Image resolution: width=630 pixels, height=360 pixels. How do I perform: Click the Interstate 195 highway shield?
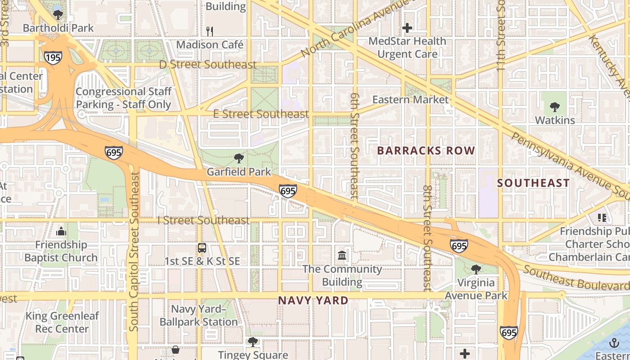[53, 57]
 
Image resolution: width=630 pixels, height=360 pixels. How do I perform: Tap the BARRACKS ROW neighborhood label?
[426, 151]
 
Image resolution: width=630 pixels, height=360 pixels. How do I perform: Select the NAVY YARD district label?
[313, 300]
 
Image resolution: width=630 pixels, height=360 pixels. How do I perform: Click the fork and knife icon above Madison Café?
[209, 31]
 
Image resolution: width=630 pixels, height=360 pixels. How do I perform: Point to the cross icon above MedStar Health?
[407, 28]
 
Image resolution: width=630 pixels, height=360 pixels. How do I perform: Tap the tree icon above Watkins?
[555, 107]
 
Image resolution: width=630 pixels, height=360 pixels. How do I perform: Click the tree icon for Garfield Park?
[239, 158]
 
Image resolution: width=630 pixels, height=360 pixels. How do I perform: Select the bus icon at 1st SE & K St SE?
[202, 248]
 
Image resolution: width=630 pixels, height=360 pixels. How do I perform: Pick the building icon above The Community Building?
[342, 256]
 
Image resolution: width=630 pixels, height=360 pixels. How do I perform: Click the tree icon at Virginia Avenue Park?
[476, 270]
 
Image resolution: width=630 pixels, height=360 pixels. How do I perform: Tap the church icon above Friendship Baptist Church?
[61, 232]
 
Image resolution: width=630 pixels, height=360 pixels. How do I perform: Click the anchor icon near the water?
[614, 343]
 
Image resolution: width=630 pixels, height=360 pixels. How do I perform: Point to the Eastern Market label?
[410, 100]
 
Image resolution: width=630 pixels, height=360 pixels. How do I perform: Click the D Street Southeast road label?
[207, 65]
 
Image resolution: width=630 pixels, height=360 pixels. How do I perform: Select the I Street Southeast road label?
[203, 220]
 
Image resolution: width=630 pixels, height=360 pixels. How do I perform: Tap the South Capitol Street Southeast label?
[134, 252]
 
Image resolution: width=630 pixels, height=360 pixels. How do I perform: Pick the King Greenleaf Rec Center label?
[62, 322]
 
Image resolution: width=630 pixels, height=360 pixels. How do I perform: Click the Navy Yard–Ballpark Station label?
[198, 315]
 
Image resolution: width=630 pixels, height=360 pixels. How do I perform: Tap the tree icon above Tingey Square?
[253, 342]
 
